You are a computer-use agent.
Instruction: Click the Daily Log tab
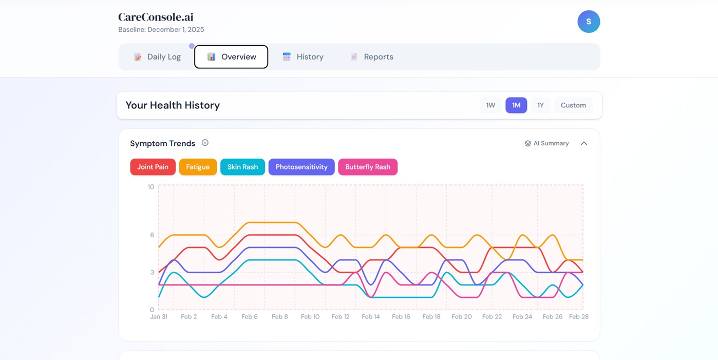157,57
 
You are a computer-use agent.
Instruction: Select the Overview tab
231,57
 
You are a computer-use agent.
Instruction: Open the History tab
303,57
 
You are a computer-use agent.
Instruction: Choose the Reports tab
371,57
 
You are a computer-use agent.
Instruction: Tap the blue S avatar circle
589,22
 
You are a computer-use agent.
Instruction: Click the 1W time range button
490,105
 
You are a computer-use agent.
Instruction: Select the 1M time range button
516,105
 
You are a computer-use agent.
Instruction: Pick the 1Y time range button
540,105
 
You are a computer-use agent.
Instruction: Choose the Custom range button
573,105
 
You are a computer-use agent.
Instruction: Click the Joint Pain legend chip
153,167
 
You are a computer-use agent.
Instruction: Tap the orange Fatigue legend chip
198,167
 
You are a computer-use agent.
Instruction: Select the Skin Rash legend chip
242,167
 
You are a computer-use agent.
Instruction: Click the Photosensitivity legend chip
301,167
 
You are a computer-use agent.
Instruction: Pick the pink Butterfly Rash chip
368,167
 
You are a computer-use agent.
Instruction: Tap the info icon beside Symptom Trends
205,143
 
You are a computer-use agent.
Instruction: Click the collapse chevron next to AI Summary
584,143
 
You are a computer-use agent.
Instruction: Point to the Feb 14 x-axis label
370,317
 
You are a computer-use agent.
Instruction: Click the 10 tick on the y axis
150,187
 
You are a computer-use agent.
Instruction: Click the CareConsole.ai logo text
156,17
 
